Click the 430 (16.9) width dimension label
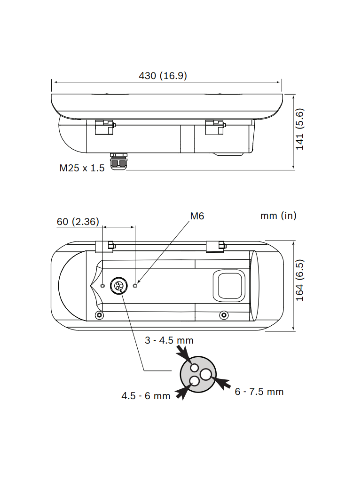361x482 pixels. pos(163,76)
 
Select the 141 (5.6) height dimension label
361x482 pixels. pos(300,129)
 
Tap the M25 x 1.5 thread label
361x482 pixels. pos(82,168)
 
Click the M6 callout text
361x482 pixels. pos(197,216)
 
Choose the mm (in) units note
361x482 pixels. pos(278,216)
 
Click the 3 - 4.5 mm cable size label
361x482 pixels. pos(169,340)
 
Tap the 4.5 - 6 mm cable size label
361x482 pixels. pos(146,396)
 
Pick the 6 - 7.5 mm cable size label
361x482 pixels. pos(259,392)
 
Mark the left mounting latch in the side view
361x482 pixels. pos(105,127)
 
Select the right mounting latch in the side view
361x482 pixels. pos(215,127)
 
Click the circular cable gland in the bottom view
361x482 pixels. pos(118,285)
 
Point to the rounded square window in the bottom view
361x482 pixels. pos(229,285)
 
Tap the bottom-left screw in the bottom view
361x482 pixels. pos(99,314)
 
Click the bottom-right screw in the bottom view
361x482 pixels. pos(224,314)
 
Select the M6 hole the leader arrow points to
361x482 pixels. pos(136,285)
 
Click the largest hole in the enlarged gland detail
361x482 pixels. pos(206,375)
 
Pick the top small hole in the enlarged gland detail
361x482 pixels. pos(195,368)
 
